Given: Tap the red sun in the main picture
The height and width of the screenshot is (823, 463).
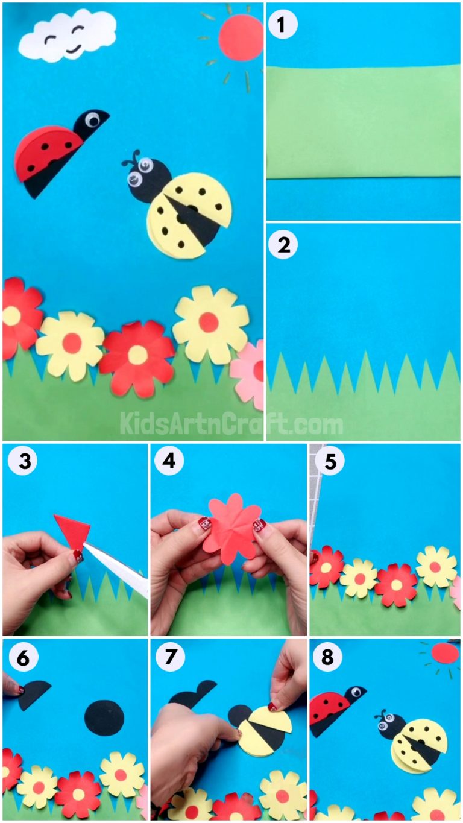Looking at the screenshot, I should [x=241, y=38].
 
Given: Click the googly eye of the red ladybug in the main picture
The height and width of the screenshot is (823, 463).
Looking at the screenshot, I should [x=93, y=121].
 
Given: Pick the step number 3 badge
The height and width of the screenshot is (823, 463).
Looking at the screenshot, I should [x=22, y=461].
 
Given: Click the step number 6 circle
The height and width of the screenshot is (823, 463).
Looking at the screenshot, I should [x=22, y=658].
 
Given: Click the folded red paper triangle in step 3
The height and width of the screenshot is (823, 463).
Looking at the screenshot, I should [x=72, y=529].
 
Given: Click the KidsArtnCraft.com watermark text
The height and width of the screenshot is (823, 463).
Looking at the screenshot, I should [x=231, y=424].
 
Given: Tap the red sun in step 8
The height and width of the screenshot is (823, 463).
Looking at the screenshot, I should [x=445, y=653].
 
